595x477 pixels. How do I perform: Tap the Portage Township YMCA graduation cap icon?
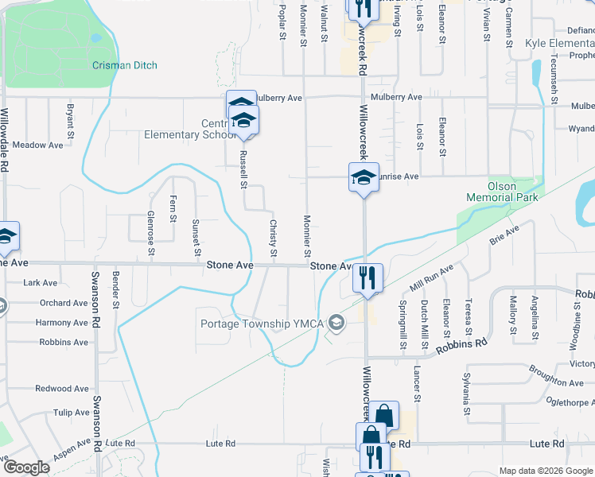coord(337,322)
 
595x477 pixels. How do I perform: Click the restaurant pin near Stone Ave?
coord(367,278)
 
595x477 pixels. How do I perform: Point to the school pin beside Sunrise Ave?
coord(364,176)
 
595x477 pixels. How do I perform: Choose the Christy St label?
coord(272,238)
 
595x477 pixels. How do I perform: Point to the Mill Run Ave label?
coord(430,278)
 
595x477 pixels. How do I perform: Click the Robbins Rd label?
coord(460,345)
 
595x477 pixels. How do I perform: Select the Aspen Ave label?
coord(72,452)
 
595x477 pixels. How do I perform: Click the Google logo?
coord(26,467)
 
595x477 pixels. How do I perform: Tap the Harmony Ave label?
coord(62,323)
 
